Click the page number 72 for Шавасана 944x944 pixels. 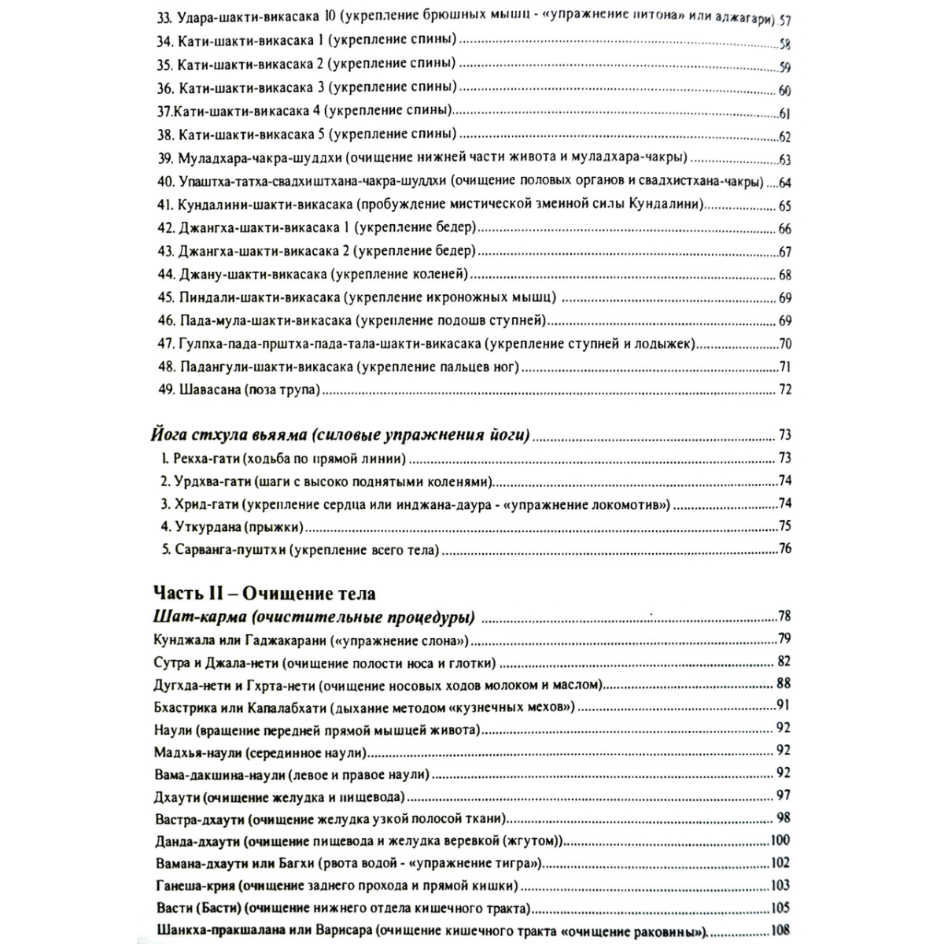pyautogui.click(x=784, y=389)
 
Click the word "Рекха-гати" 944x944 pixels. pyautogui.click(x=206, y=458)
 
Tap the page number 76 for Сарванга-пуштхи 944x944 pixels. pyautogui.click(x=784, y=549)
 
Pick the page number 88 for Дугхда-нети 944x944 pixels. pyautogui.click(x=784, y=683)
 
